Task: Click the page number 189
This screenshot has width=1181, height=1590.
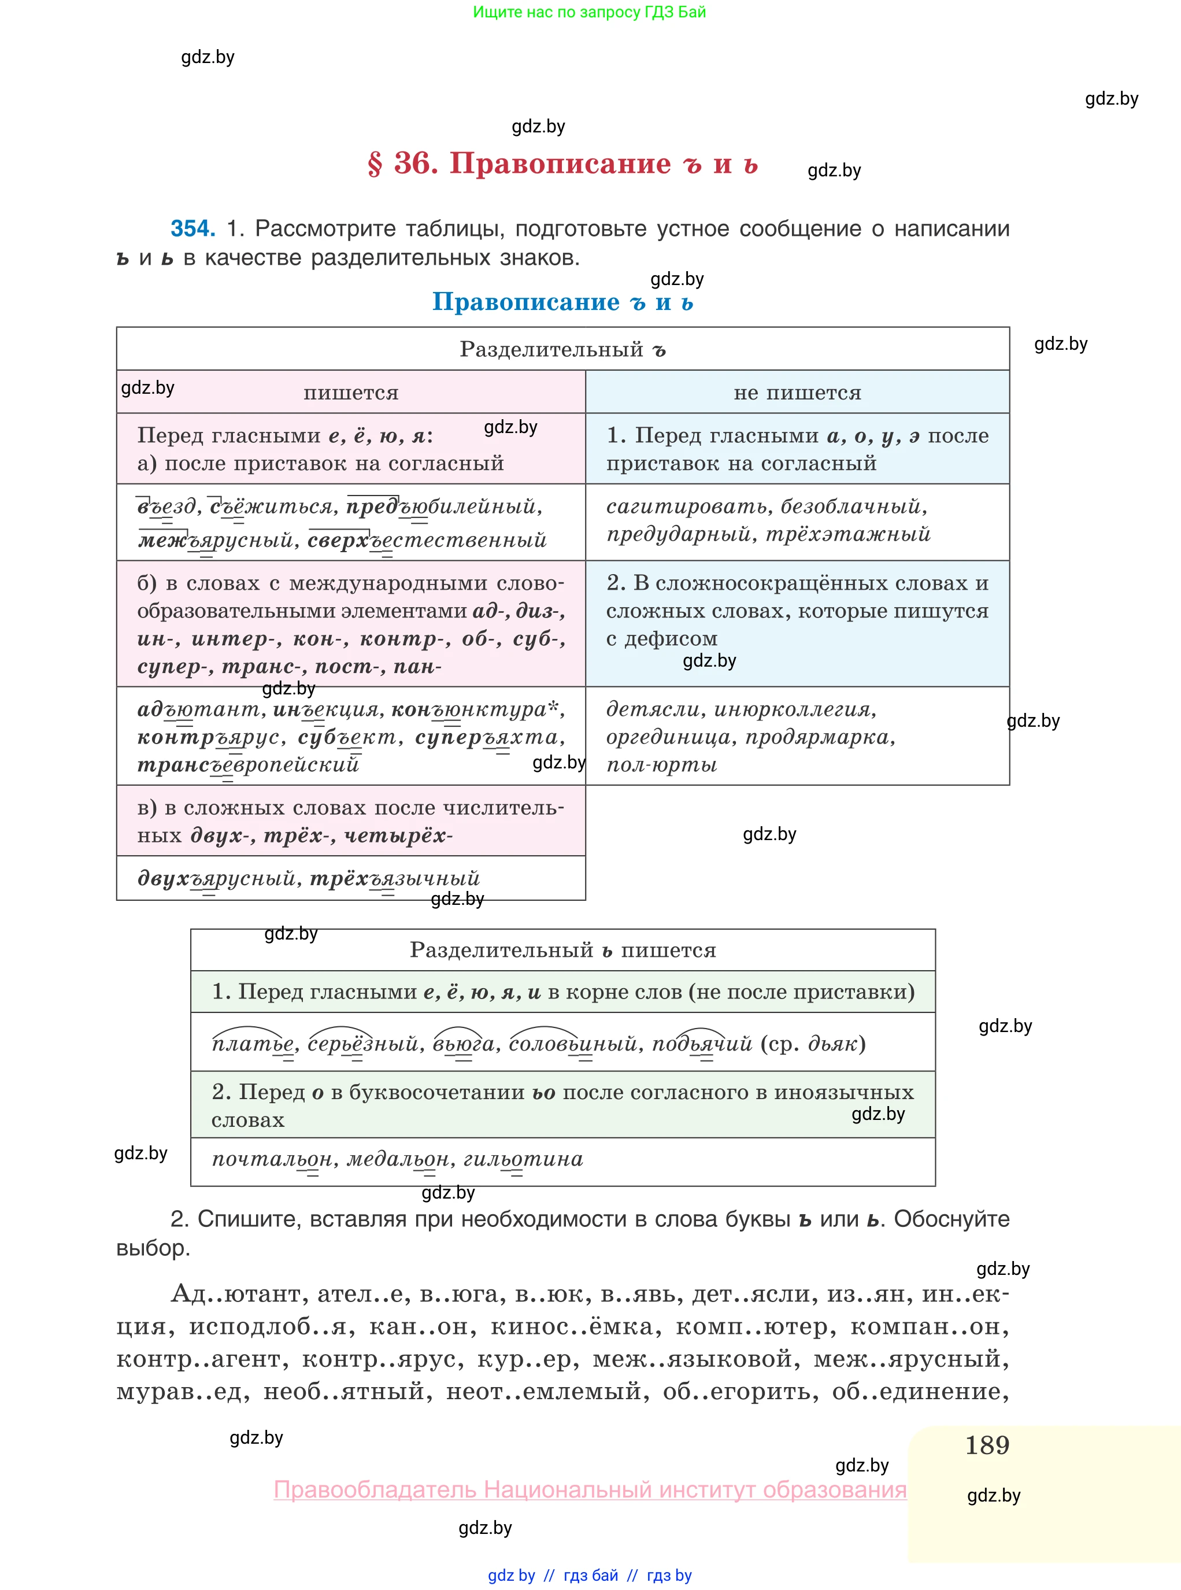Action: pos(987,1445)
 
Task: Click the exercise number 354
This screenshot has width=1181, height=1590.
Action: pos(192,229)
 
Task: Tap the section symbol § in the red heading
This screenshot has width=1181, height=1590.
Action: pos(375,164)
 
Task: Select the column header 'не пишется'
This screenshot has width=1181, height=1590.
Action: pos(797,393)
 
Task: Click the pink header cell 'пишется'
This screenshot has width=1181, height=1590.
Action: pos(350,393)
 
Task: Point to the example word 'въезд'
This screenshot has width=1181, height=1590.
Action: pos(166,507)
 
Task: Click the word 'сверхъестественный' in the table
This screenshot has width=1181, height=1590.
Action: pos(427,540)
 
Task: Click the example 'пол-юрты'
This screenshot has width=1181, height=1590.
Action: pos(661,765)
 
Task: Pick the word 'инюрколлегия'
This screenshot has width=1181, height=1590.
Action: pos(794,709)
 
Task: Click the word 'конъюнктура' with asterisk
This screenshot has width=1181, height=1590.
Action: pos(475,709)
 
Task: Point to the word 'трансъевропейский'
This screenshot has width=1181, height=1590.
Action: pos(247,765)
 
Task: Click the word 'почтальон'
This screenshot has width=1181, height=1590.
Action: pos(272,1159)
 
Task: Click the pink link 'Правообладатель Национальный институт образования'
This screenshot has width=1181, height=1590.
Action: pos(590,1489)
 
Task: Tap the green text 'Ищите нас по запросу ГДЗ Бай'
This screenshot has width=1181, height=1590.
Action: pos(589,12)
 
